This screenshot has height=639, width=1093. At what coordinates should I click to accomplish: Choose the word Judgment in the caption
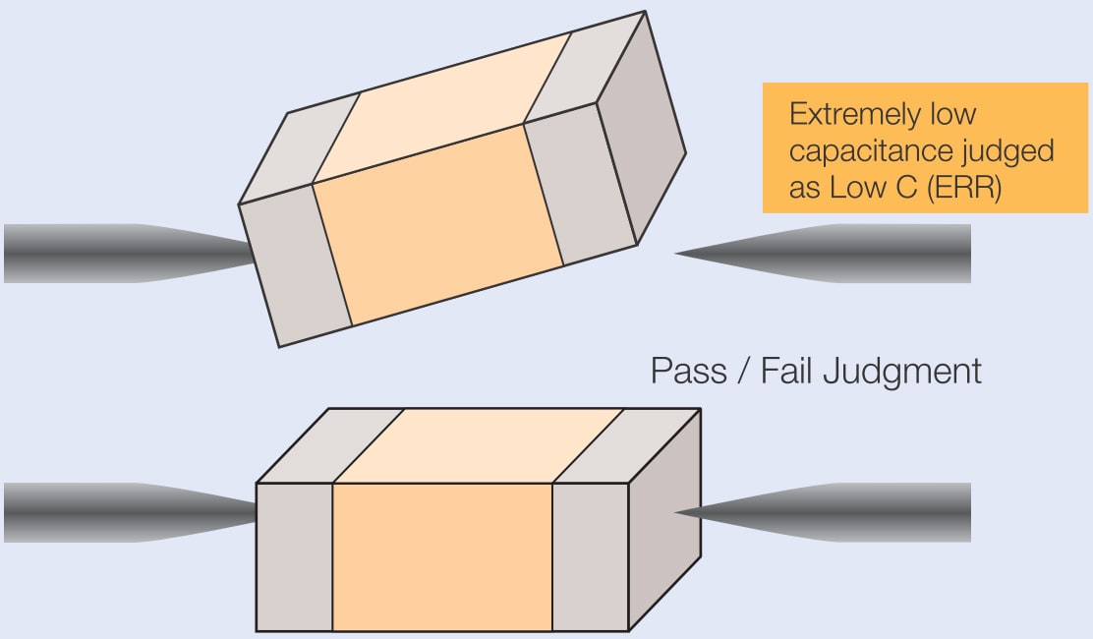click(x=902, y=372)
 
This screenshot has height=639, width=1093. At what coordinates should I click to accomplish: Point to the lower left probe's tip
click(x=254, y=512)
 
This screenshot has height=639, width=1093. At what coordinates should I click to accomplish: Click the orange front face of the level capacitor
click(x=442, y=556)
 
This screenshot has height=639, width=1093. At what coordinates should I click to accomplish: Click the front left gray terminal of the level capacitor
click(x=295, y=556)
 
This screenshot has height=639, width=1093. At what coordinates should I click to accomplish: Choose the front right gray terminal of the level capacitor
click(x=590, y=556)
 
